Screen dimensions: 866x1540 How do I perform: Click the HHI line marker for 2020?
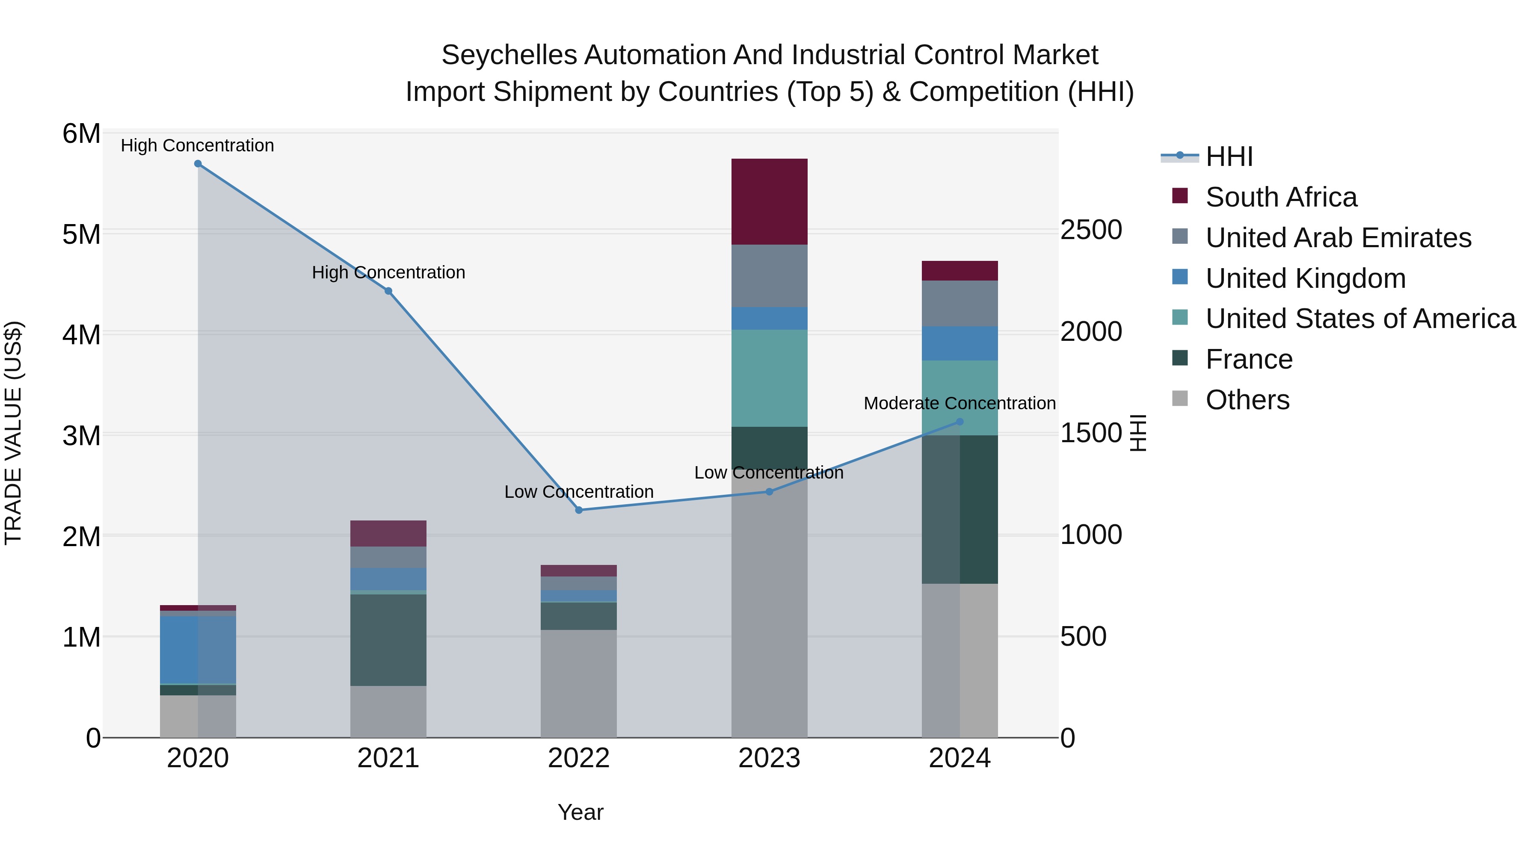pos(198,164)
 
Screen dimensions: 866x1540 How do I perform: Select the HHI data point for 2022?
pos(579,510)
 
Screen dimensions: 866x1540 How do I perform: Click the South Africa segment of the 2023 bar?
pos(770,202)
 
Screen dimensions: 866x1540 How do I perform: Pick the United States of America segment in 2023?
pos(770,378)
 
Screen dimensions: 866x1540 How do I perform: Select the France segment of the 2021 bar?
pos(388,639)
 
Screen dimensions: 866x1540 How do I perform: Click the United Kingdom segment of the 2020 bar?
pos(198,650)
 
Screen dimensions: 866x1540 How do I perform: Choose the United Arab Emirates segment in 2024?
pos(960,304)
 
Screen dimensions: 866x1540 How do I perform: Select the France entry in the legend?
pos(1249,360)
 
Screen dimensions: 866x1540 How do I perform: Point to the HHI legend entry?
pos(1229,157)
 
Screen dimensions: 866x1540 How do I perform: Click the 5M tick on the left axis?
pos(81,234)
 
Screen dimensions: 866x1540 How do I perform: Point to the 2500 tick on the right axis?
pos(1091,230)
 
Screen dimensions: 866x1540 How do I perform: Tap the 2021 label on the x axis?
pos(388,758)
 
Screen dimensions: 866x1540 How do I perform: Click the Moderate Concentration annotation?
pos(960,403)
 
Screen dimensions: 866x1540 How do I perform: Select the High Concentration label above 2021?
pos(388,272)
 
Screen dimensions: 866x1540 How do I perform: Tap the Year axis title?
pos(580,812)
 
